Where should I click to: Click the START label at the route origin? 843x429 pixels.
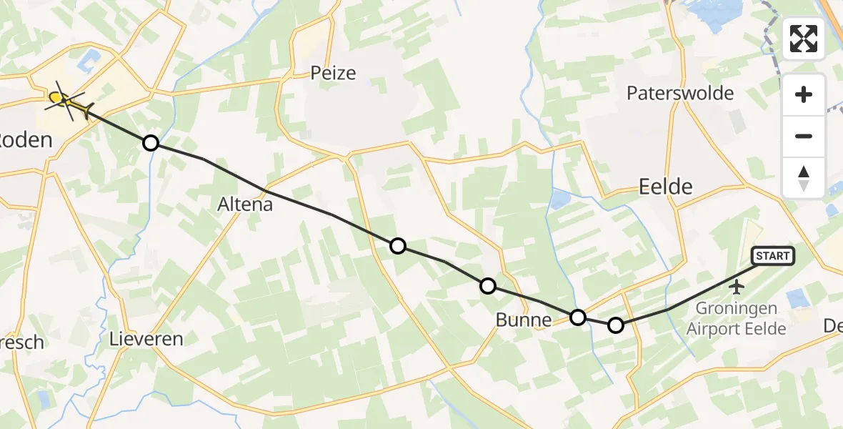pos(772,256)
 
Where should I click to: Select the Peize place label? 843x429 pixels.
pos(333,72)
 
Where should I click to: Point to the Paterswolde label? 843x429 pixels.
pos(680,93)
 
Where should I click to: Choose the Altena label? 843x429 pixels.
pos(245,204)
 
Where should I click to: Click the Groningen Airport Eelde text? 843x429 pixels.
pos(736,320)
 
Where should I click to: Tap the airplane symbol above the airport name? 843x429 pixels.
pos(737,287)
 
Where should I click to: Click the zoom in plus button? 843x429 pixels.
pos(804,94)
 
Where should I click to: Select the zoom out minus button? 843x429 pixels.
pos(804,136)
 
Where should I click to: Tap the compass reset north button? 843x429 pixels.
pos(804,178)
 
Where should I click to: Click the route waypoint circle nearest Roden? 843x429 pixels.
pos(151,143)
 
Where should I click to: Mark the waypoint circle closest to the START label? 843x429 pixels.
pos(615,326)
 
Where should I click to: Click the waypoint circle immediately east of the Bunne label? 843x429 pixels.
pos(578,317)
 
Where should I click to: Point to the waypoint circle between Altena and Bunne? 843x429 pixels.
pos(398,246)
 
